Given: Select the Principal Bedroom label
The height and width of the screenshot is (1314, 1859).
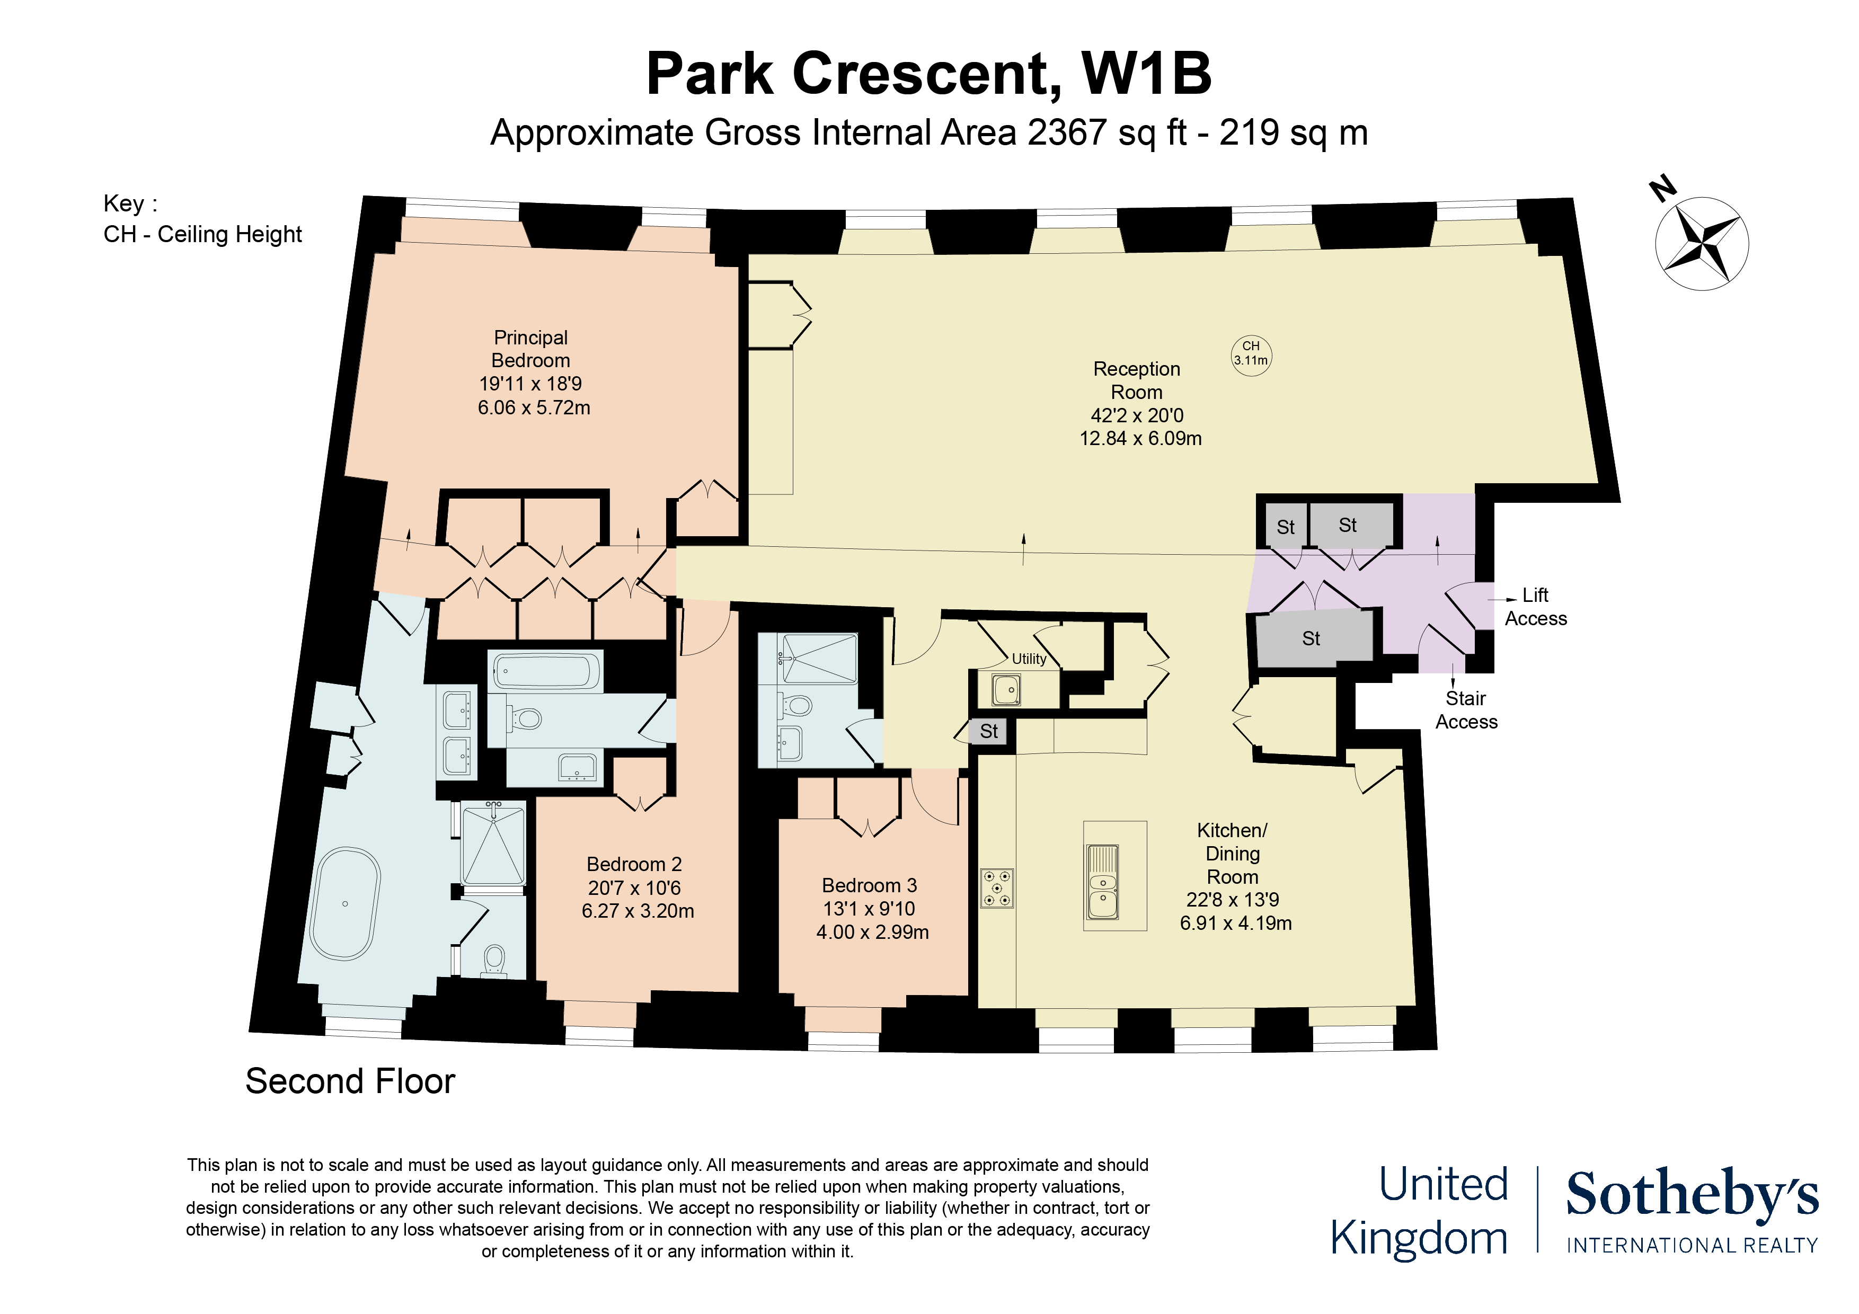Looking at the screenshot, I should click(530, 349).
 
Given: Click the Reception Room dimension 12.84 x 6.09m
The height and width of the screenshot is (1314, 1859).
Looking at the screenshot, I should click(1140, 439).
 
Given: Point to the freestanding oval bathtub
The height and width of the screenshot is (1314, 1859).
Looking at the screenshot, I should click(346, 903).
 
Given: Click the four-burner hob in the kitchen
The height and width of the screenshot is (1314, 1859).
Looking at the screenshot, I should click(997, 888).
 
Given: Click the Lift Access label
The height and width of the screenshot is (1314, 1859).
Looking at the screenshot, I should click(1535, 607).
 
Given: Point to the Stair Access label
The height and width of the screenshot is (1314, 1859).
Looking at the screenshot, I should click(1466, 710).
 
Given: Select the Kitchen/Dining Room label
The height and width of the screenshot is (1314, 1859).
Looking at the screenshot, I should click(1232, 854).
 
